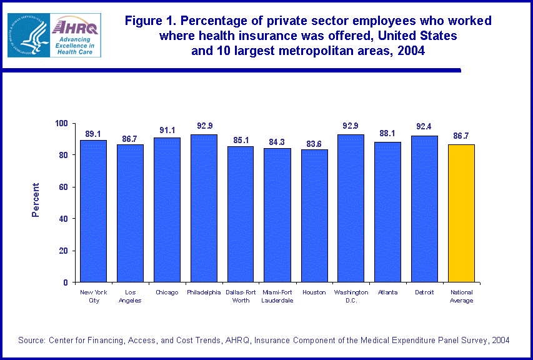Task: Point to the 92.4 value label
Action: coord(425,127)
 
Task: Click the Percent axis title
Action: coord(36,200)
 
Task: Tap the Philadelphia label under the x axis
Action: coord(204,292)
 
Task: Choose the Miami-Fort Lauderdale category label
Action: coord(277,296)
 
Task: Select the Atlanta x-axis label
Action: coord(388,292)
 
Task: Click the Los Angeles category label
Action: coord(130,296)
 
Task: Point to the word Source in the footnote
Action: coord(32,340)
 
